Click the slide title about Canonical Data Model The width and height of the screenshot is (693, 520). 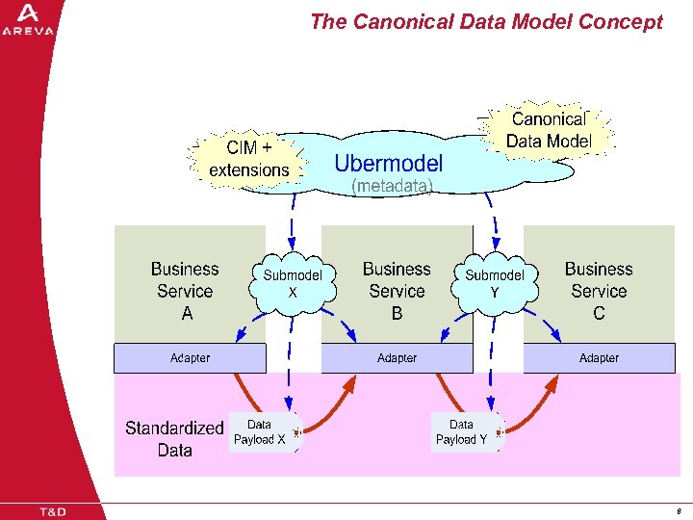(x=486, y=21)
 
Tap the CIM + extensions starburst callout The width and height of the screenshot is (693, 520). (x=249, y=159)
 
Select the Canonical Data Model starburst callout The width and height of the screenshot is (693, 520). (x=549, y=131)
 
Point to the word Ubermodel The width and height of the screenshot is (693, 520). (x=389, y=163)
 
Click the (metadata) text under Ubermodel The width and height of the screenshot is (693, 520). (x=392, y=186)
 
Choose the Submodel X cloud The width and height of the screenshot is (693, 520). (x=293, y=281)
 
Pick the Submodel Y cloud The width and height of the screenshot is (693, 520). (x=495, y=281)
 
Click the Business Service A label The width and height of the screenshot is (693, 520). (x=186, y=291)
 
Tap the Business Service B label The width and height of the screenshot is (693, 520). (x=397, y=291)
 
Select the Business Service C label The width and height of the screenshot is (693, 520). (x=599, y=291)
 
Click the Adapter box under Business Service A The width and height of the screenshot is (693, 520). (x=190, y=358)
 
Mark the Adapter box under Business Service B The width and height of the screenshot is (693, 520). (x=397, y=358)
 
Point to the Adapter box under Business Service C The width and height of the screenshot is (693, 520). (x=599, y=358)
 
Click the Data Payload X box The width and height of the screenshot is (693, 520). (x=260, y=432)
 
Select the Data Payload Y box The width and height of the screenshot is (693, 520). (x=462, y=432)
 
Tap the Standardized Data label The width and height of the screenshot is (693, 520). (x=174, y=438)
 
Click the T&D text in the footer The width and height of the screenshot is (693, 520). (x=52, y=511)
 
